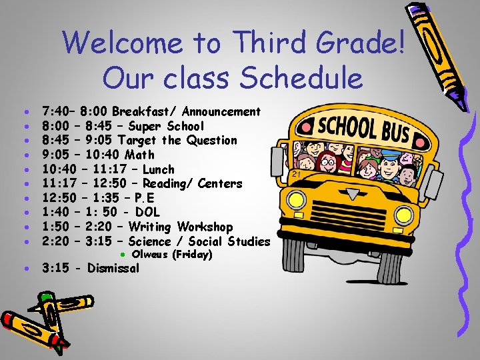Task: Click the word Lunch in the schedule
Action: (158, 169)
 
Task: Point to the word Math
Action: (139, 155)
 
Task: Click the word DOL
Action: (147, 213)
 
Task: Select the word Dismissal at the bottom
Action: (113, 269)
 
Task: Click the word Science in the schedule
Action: (149, 241)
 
